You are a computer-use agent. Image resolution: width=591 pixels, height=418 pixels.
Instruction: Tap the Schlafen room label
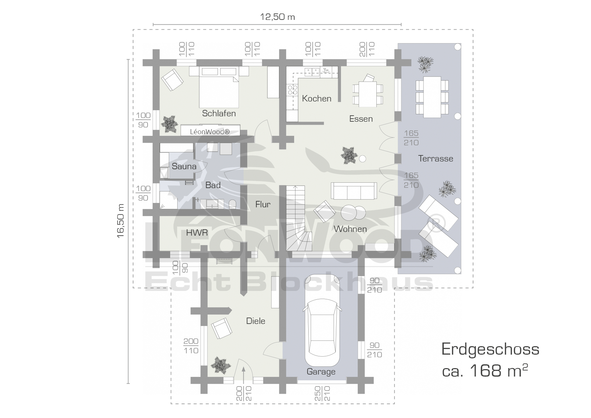(x=219, y=113)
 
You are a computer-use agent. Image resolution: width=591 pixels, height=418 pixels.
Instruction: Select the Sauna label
(x=184, y=166)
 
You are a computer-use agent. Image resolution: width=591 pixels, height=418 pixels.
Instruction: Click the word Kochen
(x=317, y=98)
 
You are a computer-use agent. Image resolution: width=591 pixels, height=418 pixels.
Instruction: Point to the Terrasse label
(x=436, y=158)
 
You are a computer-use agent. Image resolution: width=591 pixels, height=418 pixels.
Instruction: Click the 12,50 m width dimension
(x=277, y=17)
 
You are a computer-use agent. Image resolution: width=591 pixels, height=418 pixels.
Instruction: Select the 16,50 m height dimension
(x=121, y=220)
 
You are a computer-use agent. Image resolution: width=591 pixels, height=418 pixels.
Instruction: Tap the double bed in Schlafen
(x=219, y=87)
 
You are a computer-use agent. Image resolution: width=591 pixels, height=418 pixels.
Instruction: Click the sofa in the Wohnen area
(x=354, y=191)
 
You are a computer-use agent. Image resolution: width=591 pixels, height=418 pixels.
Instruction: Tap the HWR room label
(x=197, y=233)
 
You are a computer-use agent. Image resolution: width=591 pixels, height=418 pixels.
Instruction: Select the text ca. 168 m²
(x=485, y=371)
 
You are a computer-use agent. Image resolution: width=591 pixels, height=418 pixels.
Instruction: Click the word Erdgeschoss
(x=490, y=350)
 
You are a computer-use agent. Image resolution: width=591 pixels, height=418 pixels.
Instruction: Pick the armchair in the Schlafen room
(x=172, y=80)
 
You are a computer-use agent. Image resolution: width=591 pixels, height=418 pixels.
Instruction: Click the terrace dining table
(x=432, y=97)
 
